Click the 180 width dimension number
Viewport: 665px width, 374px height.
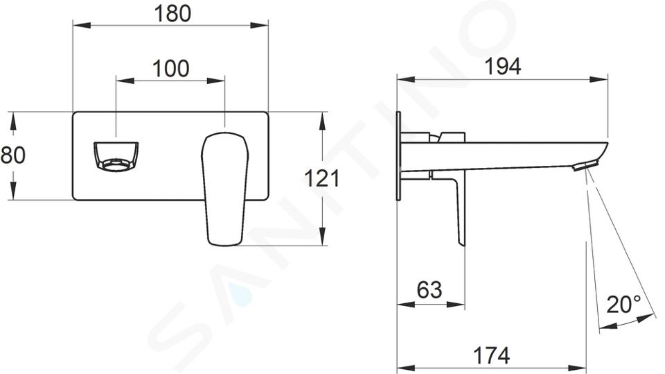[172, 14]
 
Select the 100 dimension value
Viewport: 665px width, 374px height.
[170, 69]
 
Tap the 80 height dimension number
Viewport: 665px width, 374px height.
[12, 155]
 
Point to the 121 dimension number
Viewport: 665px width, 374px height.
[322, 178]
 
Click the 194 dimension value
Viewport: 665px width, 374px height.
[503, 67]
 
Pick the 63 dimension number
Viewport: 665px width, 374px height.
[429, 290]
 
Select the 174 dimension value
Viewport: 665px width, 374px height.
[491, 355]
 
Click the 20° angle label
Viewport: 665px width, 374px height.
[623, 305]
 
